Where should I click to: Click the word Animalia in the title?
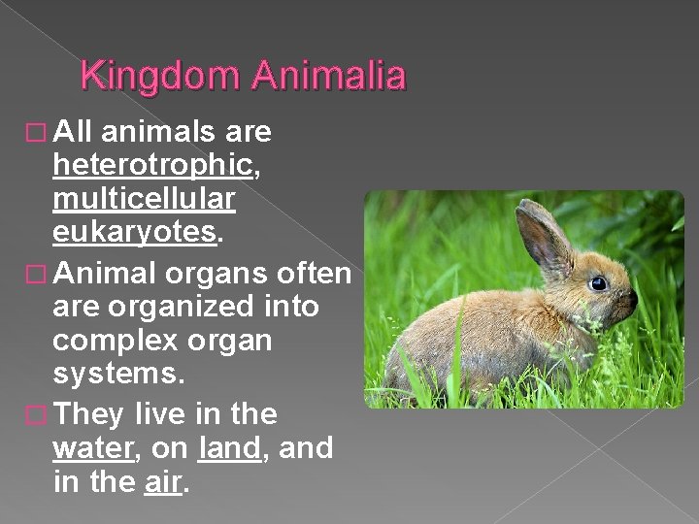(x=328, y=75)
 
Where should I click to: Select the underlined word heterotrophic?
(x=153, y=166)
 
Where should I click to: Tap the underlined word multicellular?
(x=144, y=200)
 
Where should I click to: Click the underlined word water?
(x=94, y=448)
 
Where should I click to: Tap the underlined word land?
(x=229, y=448)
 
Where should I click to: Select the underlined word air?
(x=161, y=482)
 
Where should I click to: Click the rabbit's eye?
(x=598, y=283)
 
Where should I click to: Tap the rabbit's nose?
(x=632, y=299)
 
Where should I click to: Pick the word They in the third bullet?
(x=89, y=414)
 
